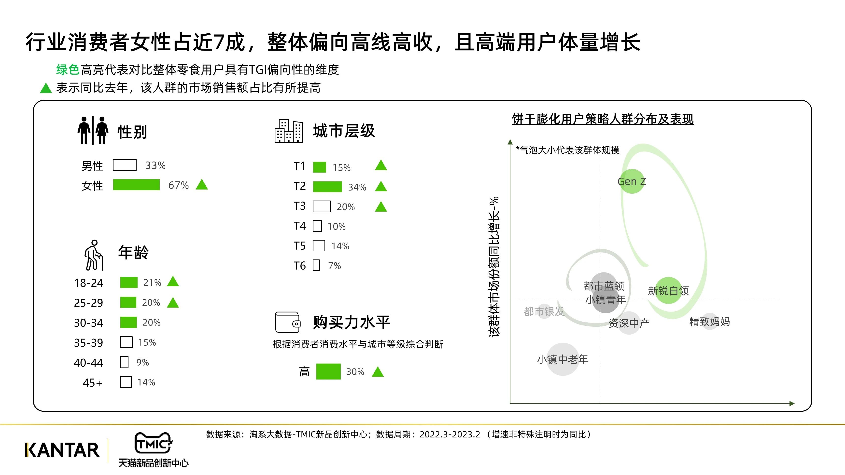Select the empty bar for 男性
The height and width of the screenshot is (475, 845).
(125, 165)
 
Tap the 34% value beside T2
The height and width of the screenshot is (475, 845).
(357, 187)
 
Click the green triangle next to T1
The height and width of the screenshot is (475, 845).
(381, 165)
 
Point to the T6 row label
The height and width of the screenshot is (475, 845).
(299, 266)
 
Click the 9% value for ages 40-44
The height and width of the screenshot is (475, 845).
(143, 362)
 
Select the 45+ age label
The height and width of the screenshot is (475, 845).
(93, 382)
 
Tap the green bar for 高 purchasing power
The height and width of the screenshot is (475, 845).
(328, 371)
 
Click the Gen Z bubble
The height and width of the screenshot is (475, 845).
(632, 181)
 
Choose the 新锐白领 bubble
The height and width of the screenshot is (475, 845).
(668, 290)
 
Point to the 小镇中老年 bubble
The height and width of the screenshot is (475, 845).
(563, 359)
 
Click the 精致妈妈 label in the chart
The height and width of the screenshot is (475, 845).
(709, 322)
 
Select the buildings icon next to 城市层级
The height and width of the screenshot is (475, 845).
(289, 131)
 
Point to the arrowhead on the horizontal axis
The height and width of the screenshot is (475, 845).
(792, 404)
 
